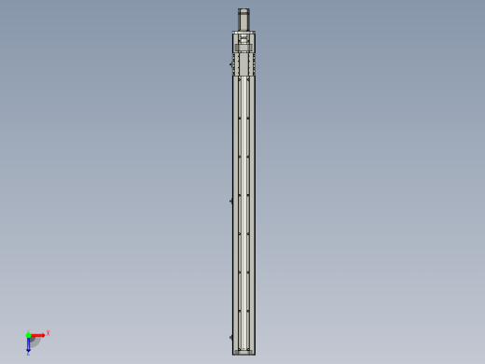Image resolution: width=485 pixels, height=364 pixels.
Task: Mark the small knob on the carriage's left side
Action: (231, 63)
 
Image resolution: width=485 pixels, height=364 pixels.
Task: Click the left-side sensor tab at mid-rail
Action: (230, 200)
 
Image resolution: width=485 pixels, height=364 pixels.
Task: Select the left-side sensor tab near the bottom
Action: (230, 336)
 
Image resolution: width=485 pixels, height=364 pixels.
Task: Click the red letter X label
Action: (48, 332)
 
